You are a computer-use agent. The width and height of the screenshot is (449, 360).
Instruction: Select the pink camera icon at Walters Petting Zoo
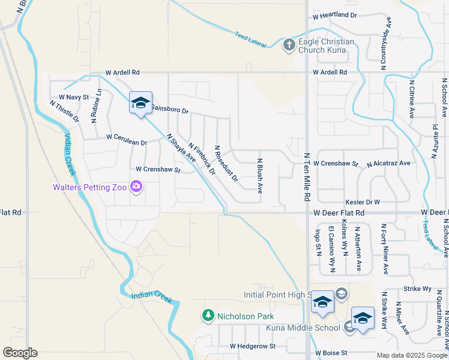pos(136,187)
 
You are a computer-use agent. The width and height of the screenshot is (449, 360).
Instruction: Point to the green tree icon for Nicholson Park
pos(208,316)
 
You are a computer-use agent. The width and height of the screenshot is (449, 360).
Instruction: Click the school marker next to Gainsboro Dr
pos(140,104)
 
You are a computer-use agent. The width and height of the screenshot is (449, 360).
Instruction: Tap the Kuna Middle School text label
pos(303,328)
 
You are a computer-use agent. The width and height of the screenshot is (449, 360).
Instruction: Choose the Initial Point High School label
pos(276,295)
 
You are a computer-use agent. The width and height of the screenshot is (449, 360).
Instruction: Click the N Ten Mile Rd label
pos(306,174)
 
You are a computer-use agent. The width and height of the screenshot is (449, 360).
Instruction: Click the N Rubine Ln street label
pos(95,106)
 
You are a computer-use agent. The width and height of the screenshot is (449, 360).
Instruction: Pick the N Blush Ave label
pos(260,176)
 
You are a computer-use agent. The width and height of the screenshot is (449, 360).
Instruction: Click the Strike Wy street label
pos(418,289)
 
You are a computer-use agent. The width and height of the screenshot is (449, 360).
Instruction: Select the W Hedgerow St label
pos(252,346)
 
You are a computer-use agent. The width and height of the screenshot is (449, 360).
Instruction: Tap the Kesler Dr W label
pos(362,202)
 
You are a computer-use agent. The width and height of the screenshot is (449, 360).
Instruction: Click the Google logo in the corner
pos(20,352)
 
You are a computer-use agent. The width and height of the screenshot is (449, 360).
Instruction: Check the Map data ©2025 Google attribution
pos(411,355)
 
